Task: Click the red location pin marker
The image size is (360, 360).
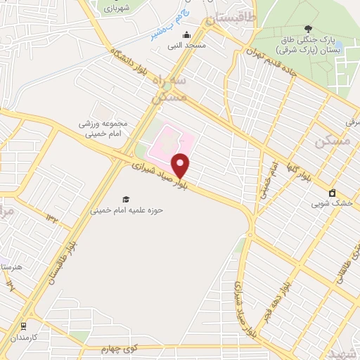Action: [181, 165]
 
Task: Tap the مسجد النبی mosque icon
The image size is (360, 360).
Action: [186, 35]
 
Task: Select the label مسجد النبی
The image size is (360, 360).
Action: [186, 46]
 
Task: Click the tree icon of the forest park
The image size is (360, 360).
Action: [307, 28]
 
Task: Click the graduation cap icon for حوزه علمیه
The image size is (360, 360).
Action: [126, 199]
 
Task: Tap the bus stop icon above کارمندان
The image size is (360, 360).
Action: [24, 326]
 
